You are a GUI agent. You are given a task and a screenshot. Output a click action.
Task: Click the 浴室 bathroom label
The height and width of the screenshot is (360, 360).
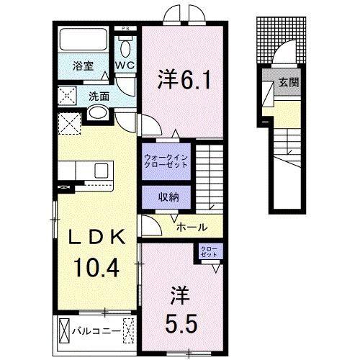tap(83, 66)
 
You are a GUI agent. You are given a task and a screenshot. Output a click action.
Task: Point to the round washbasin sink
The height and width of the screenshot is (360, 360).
tap(97, 113)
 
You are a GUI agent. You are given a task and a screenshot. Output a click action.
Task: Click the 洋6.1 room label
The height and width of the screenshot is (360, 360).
tap(184, 78)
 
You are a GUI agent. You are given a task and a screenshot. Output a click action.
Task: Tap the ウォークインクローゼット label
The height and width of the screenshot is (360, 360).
tap(166, 160)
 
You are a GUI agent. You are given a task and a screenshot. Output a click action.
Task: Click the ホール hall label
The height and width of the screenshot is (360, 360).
tap(192, 226)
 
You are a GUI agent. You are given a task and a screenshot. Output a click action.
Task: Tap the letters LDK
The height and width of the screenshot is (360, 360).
tap(98, 238)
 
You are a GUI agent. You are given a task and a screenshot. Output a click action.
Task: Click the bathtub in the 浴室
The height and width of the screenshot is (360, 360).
tap(81, 40)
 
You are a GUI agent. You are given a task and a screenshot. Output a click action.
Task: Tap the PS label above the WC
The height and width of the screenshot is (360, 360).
tap(127, 29)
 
